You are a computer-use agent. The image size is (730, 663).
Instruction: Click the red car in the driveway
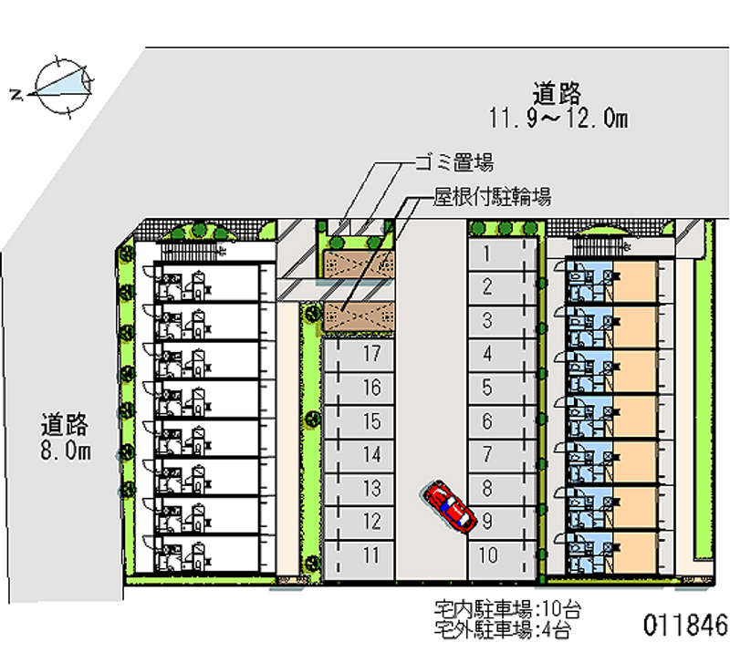451,507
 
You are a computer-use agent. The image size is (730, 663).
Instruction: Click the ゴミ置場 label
454,164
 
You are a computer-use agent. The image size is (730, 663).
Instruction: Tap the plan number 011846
685,626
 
